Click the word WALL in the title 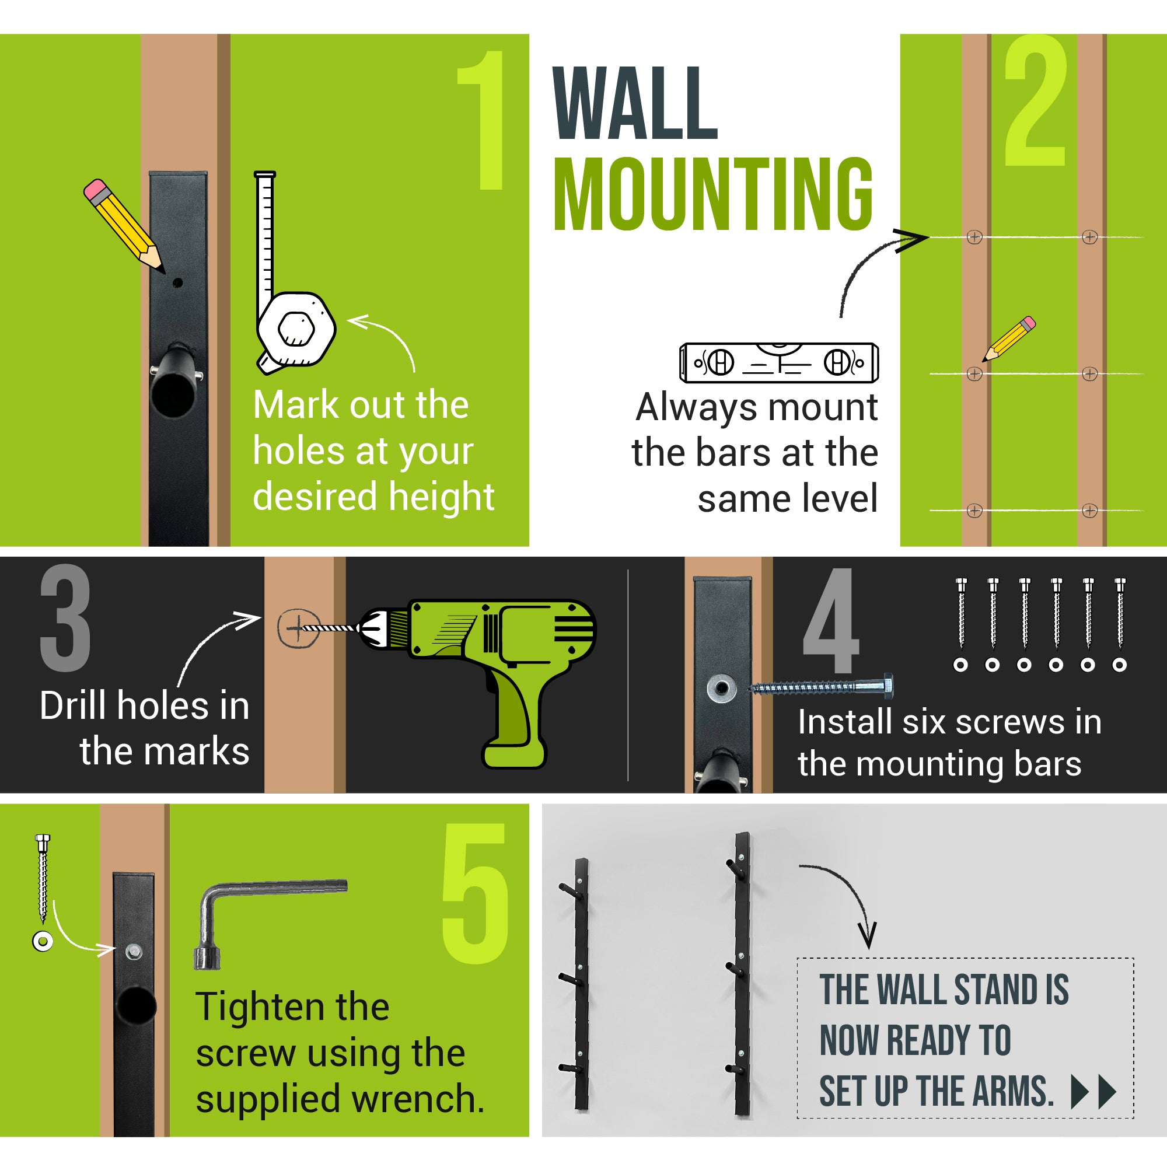coord(635,103)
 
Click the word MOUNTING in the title coord(714,194)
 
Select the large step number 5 coord(475,893)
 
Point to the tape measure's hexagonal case coord(296,329)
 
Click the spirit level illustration coord(778,362)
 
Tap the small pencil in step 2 coord(1009,338)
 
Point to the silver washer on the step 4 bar coord(722,688)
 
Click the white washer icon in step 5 coord(43,941)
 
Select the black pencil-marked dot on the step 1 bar coord(177,282)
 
